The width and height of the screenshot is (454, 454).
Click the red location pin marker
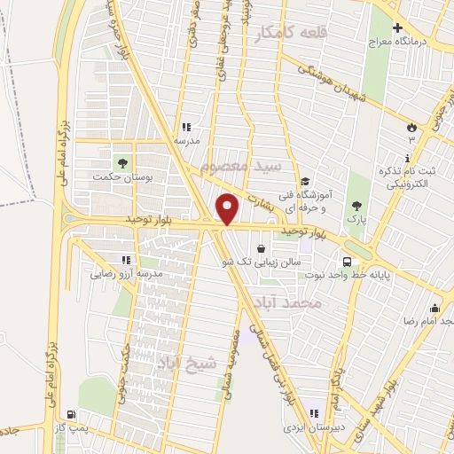(227, 208)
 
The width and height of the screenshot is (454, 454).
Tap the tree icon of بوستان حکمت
(122, 163)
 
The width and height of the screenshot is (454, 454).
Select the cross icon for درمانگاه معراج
(398, 27)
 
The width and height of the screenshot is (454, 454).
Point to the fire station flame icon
(411, 125)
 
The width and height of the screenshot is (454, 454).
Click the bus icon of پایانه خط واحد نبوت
(346, 262)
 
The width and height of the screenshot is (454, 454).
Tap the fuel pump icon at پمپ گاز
(72, 414)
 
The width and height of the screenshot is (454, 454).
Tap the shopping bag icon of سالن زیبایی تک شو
(261, 249)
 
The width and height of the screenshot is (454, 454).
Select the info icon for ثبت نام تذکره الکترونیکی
(407, 159)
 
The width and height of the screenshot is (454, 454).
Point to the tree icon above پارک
(356, 205)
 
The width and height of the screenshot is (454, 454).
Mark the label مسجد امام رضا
(429, 319)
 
